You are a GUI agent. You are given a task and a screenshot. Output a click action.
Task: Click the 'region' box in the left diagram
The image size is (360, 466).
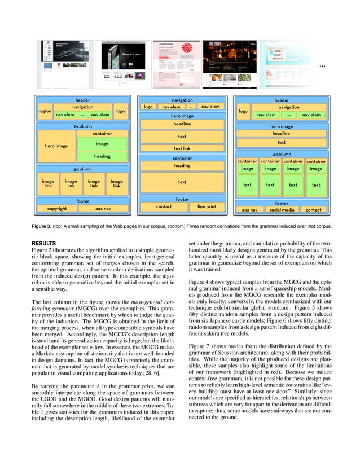45,111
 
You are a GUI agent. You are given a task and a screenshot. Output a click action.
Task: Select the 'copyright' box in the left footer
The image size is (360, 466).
57,208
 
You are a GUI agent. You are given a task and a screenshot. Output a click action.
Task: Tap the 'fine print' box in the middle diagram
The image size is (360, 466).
207,206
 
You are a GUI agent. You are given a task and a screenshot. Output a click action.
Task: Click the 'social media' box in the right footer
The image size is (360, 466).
282,210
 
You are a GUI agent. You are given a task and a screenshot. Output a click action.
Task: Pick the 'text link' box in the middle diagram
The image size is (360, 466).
182,148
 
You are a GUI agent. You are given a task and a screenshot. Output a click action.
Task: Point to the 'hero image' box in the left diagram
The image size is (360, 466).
56,146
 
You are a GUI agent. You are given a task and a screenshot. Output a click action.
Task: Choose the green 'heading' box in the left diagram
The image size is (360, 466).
102,156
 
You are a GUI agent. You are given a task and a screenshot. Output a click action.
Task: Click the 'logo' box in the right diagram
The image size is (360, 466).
243,111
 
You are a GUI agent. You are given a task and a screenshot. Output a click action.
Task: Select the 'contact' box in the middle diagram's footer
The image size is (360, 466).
164,206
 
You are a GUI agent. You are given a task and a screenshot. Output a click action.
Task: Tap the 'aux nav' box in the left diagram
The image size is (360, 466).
103,208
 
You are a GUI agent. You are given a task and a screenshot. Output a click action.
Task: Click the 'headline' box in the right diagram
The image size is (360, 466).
281,134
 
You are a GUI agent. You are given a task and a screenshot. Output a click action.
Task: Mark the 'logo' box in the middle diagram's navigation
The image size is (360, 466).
148,107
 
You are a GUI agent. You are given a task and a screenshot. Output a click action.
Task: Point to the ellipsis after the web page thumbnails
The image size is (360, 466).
322,67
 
